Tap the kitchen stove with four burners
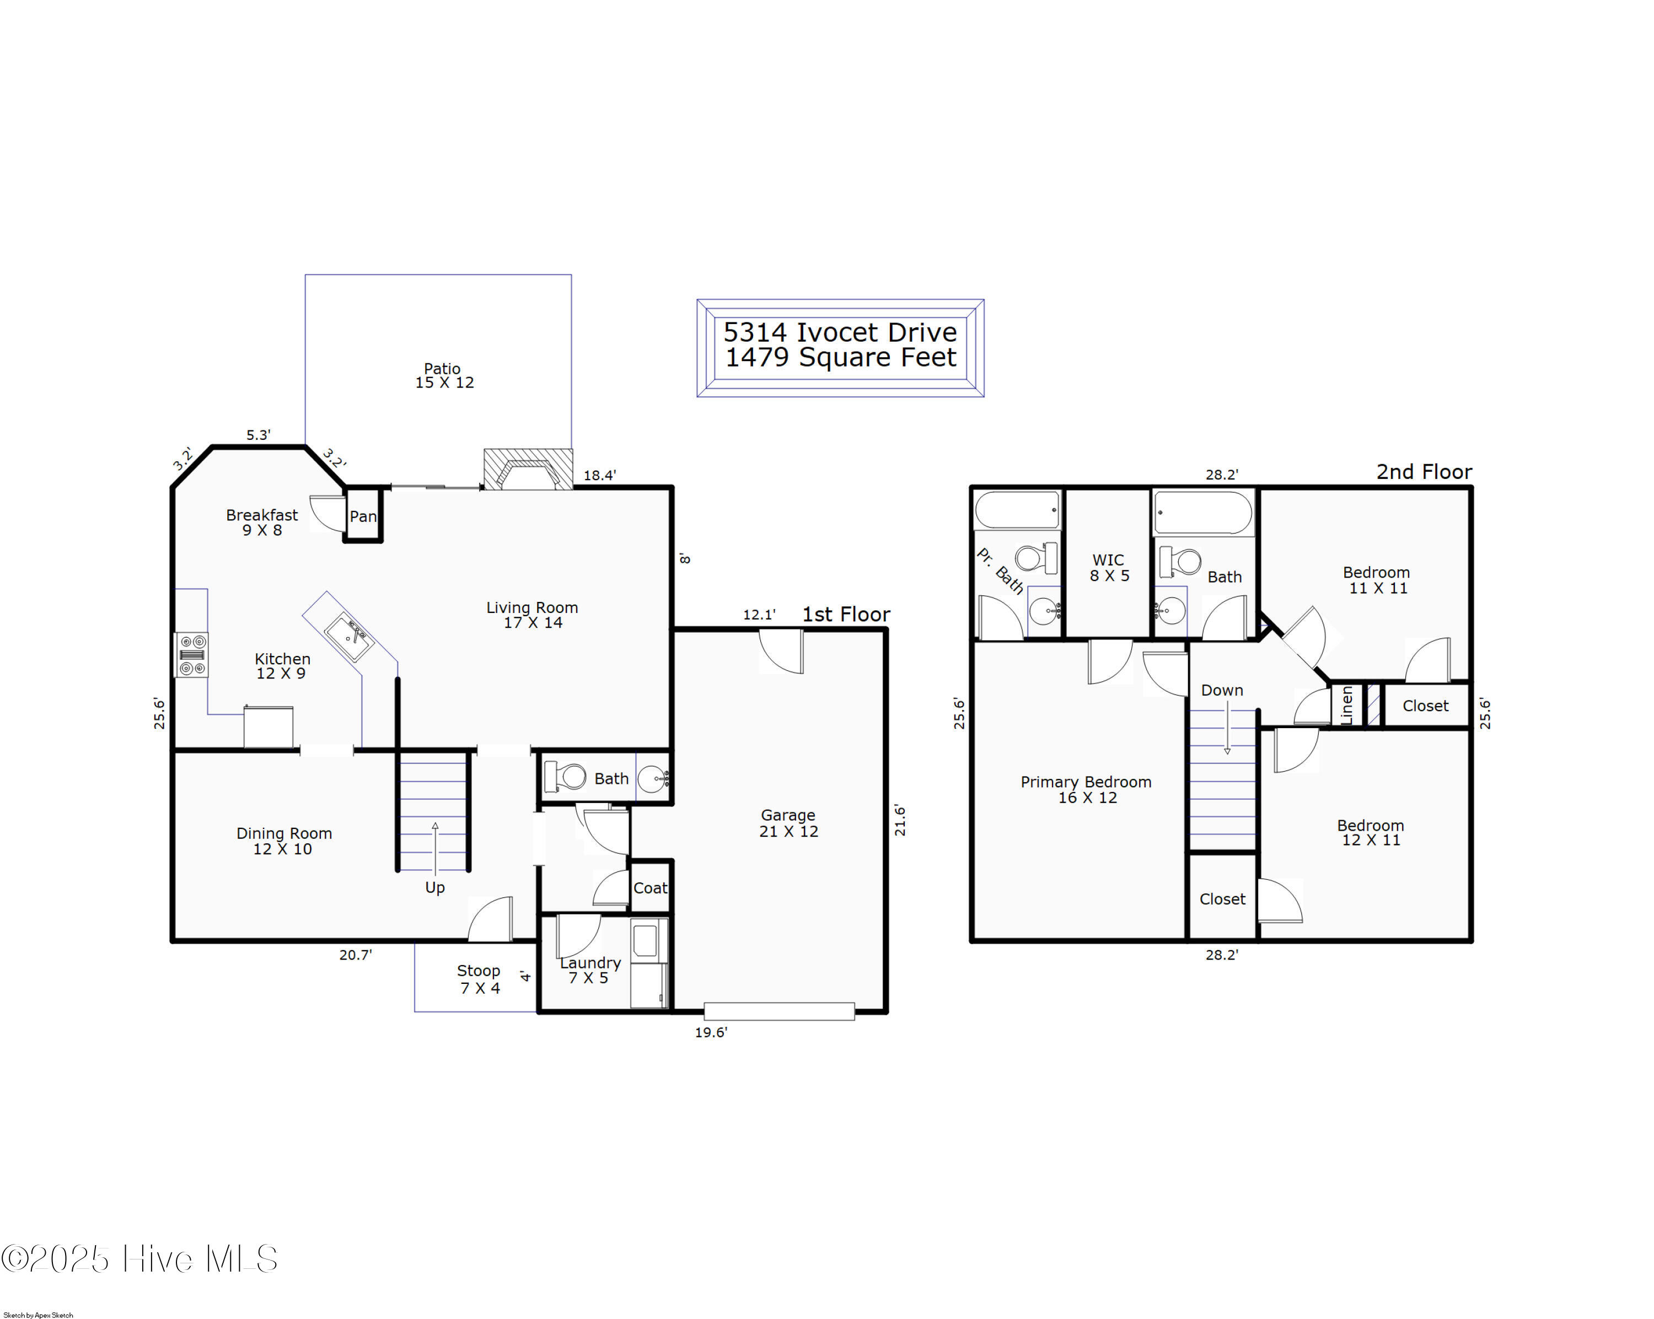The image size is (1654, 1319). [192, 655]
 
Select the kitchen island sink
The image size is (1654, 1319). [348, 636]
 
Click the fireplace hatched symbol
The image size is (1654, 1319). [528, 469]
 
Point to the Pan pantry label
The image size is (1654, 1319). [363, 516]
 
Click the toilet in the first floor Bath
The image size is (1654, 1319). [566, 777]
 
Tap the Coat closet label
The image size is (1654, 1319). [650, 888]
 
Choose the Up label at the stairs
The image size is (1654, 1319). [435, 888]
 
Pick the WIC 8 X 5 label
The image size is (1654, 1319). [1109, 568]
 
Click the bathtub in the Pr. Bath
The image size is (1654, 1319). [1017, 510]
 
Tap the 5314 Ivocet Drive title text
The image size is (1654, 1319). [840, 332]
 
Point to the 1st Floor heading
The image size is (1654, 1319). [846, 614]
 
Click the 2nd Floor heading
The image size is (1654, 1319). [1425, 472]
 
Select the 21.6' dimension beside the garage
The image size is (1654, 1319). [900, 821]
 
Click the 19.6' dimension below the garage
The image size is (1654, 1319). [711, 1032]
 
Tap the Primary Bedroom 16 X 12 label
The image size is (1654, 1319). [1086, 790]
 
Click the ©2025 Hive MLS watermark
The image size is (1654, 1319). [139, 1259]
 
